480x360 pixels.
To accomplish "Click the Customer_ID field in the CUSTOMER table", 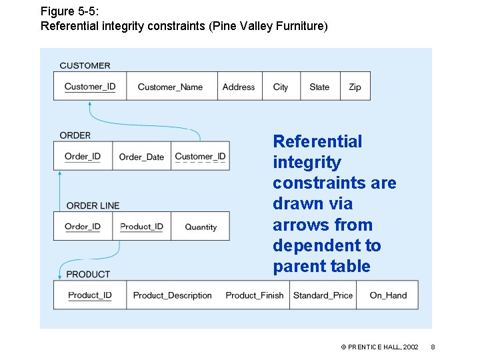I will tap(90, 87).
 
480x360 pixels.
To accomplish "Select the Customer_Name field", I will tap(170, 87).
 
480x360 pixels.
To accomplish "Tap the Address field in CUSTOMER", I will tap(239, 87).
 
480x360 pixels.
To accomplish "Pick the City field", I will tap(281, 87).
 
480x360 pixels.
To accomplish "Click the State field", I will tap(319, 87).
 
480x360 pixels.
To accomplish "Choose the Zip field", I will tap(355, 87).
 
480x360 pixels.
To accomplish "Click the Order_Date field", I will tap(141, 157).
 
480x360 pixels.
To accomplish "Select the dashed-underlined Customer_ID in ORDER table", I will tap(200, 157).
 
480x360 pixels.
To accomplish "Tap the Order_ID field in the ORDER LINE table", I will tap(83, 227).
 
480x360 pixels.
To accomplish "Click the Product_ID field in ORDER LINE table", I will tap(141, 227).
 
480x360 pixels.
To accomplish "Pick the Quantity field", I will tap(201, 227).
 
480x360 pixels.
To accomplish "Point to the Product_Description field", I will tap(172, 295).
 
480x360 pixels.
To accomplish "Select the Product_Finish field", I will tap(254, 295).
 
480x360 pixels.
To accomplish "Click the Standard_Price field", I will tap(323, 295).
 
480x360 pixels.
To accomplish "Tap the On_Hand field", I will tap(388, 295).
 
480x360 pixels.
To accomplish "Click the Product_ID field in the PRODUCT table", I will tap(90, 295).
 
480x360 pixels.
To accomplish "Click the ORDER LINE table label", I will tap(93, 205).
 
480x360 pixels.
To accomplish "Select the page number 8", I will tap(433, 347).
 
